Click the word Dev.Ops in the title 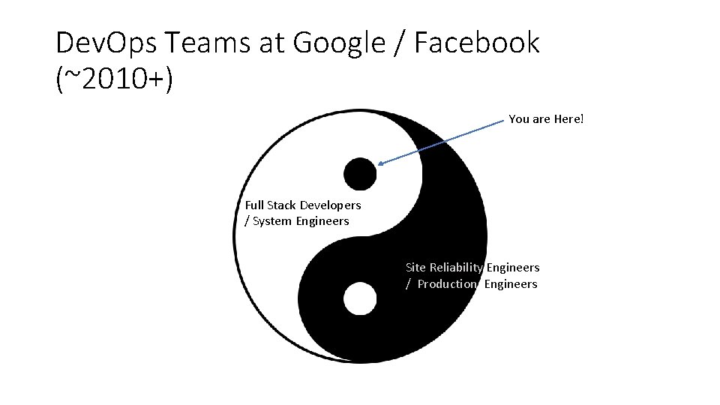(106, 43)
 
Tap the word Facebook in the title (476, 43)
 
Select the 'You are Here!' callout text (545, 119)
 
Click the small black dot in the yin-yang (360, 174)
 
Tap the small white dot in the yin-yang (360, 299)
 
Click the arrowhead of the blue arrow (381, 163)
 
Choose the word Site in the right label (415, 268)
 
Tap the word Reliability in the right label (456, 268)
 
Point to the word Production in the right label (447, 284)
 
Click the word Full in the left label (254, 205)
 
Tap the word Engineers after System (322, 221)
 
